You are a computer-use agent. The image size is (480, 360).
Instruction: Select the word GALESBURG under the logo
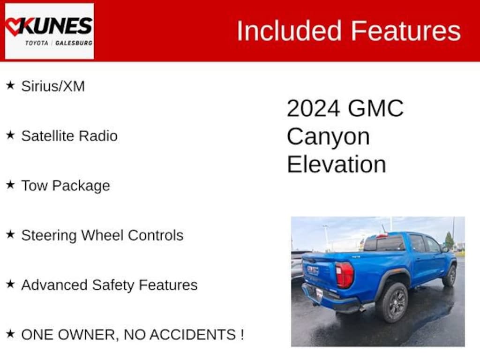(74, 43)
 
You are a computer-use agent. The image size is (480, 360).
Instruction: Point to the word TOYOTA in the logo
(37, 43)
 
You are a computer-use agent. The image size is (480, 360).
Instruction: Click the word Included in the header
(289, 30)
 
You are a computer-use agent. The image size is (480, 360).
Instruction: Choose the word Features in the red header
(405, 30)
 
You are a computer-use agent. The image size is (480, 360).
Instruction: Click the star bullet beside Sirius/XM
(10, 85)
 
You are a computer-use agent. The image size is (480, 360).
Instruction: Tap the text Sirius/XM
(53, 86)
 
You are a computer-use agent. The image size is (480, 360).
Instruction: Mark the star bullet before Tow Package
(10, 185)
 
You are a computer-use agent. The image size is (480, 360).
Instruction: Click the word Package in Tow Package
(81, 186)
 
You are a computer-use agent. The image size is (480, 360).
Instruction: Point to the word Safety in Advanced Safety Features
(113, 285)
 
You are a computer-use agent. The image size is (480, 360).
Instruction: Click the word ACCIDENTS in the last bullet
(193, 335)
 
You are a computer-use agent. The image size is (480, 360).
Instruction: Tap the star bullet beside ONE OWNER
(10, 334)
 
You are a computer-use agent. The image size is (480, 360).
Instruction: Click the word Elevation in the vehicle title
(337, 164)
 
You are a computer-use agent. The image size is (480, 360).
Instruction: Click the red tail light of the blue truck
(345, 275)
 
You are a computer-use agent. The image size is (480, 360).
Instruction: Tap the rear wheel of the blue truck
(393, 302)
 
